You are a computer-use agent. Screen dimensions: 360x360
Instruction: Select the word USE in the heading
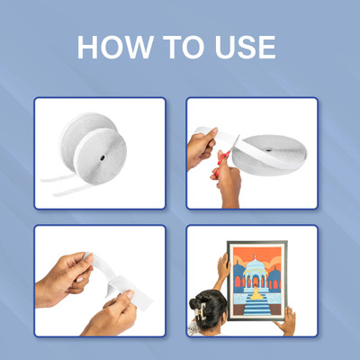pyautogui.click(x=246, y=47)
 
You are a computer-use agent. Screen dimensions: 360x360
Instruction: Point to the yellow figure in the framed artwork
pyautogui.click(x=256, y=292)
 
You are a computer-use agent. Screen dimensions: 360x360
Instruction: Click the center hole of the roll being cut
pyautogui.click(x=267, y=149)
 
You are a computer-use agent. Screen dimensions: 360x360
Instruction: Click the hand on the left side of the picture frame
pyautogui.click(x=223, y=266)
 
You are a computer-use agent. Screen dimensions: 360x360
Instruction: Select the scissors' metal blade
pyautogui.click(x=233, y=145)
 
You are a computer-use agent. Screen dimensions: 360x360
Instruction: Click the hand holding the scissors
pyautogui.click(x=228, y=183)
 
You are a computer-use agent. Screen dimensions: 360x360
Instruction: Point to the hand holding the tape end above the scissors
pyautogui.click(x=201, y=147)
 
